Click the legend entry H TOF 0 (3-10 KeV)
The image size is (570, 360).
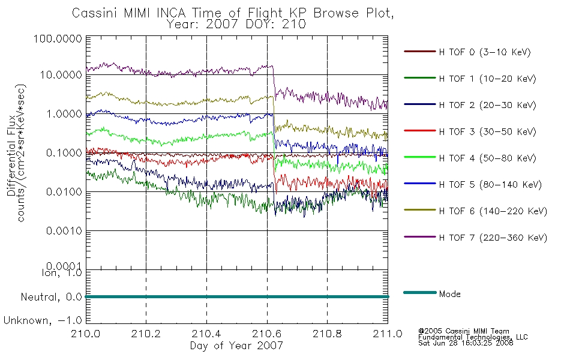point(485,52)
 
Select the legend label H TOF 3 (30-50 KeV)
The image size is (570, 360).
point(487,131)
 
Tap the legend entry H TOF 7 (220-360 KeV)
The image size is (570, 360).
point(493,238)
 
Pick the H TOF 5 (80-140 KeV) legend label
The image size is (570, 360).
point(490,185)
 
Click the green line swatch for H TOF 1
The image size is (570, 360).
point(420,78)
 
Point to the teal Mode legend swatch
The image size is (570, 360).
point(420,292)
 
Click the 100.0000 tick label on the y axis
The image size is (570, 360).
point(58,38)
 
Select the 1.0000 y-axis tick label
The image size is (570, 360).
point(64,114)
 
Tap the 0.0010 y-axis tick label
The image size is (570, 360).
point(64,231)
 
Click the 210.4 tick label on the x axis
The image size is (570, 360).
point(206,334)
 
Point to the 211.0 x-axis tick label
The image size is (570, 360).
point(388,334)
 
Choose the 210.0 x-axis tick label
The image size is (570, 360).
point(86,334)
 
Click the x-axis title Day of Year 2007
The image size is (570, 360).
point(236,346)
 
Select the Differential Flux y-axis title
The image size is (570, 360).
point(11,155)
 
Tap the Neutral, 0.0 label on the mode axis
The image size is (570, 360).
point(51,298)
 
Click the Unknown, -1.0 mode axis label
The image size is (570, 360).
point(43,321)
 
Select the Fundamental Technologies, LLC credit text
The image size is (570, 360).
point(473,337)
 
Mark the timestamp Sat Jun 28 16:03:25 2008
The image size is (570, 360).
point(466,343)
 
